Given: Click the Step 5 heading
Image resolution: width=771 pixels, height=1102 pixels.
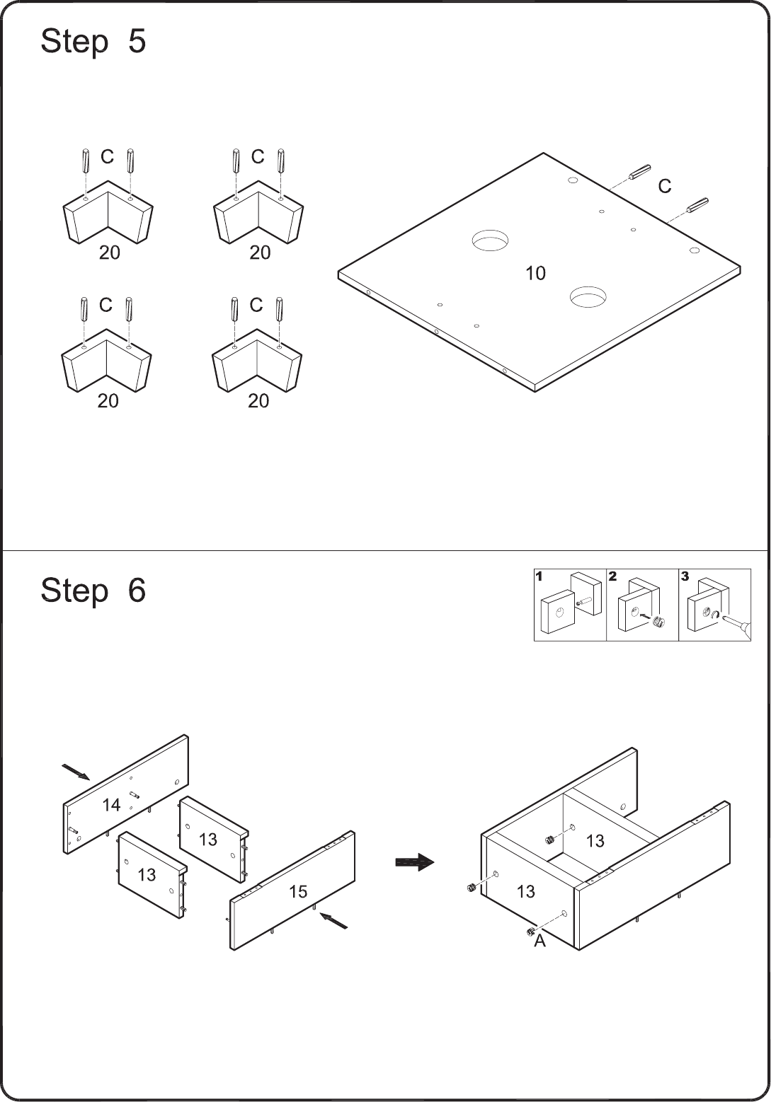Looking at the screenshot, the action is [93, 41].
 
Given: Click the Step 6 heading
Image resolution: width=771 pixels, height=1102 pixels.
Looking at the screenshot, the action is [93, 591].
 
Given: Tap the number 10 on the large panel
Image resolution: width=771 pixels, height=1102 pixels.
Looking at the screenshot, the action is [536, 274].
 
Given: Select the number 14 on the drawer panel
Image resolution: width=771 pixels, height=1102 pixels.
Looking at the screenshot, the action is [111, 806].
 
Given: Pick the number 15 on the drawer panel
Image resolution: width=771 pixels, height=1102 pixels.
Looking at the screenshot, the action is [298, 891].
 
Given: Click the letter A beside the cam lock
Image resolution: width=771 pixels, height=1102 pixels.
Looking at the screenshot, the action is [539, 941].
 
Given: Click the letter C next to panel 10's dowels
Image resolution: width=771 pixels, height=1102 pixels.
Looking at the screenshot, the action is [665, 187].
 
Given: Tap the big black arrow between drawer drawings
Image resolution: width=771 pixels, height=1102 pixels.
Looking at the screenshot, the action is [415, 862].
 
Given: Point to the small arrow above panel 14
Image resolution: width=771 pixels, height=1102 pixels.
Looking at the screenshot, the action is [75, 772].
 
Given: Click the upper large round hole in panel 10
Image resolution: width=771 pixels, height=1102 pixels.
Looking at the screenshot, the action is [490, 240].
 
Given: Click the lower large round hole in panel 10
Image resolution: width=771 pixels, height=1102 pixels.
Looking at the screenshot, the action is [588, 296].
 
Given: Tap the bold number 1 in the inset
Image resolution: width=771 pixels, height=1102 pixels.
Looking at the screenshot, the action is [539, 576].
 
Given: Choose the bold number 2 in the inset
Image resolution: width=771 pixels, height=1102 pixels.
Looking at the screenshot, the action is [612, 576].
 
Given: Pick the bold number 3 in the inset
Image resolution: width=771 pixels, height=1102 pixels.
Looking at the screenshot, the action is [685, 576].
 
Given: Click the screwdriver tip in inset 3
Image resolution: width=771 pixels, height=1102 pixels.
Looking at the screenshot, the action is [721, 617].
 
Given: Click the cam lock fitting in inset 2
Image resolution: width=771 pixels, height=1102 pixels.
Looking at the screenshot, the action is [659, 622].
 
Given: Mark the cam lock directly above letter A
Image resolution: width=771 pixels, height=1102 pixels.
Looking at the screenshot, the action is [530, 931].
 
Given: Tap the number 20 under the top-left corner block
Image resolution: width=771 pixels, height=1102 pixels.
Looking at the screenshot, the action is [109, 253].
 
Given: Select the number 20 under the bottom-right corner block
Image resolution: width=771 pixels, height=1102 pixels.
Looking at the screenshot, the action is [258, 402].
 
